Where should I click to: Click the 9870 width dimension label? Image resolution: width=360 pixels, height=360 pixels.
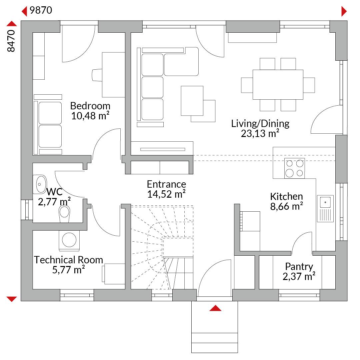[x=41, y=10]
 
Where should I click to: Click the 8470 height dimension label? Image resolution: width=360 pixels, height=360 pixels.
[x=11, y=41]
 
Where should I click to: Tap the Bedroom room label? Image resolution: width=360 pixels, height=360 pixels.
[x=90, y=106]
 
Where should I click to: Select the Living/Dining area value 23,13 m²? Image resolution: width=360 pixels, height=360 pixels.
[x=260, y=133]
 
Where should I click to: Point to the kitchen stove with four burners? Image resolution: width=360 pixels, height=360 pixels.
[x=295, y=168]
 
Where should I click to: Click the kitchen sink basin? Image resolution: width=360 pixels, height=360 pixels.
[x=325, y=202]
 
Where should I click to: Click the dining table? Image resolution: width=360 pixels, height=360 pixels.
[x=278, y=84]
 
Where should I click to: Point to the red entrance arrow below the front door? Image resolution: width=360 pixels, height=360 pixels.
[x=215, y=308]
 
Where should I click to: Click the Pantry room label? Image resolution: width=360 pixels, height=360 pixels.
[x=299, y=267]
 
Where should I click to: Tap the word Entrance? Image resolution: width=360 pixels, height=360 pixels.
[x=166, y=184]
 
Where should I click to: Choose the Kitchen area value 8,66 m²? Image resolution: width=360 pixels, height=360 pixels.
[x=287, y=206]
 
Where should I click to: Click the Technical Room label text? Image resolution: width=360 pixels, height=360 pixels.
[x=68, y=260]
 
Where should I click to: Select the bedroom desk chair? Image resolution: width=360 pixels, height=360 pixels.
[x=97, y=75]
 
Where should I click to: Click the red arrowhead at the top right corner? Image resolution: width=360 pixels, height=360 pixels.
[x=344, y=11]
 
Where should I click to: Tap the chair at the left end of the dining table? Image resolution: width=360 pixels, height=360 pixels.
[x=247, y=85]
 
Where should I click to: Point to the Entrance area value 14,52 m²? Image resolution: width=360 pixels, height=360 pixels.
[x=166, y=194]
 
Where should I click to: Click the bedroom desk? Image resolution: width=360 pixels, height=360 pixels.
[x=113, y=75]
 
